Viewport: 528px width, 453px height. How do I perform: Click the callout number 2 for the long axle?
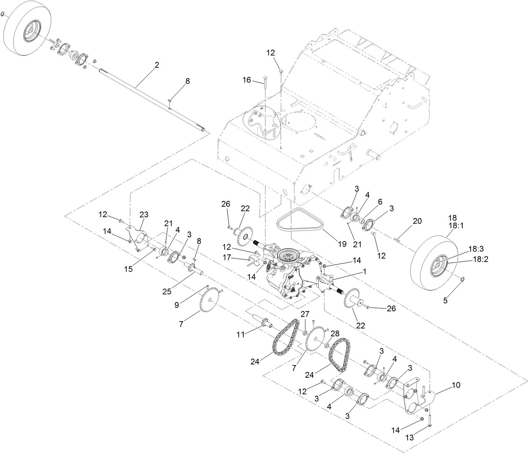157,65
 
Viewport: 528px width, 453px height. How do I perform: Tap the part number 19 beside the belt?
342,244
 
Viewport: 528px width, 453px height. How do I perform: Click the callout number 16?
246,80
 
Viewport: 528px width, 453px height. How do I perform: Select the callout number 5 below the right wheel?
445,301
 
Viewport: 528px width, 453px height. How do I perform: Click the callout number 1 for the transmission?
364,272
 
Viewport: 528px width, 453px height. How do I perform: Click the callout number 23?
144,215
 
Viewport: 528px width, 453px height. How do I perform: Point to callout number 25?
167,291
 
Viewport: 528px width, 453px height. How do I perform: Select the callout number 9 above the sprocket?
176,305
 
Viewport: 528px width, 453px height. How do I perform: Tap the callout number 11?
241,334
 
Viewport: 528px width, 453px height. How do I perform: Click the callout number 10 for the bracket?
456,385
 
